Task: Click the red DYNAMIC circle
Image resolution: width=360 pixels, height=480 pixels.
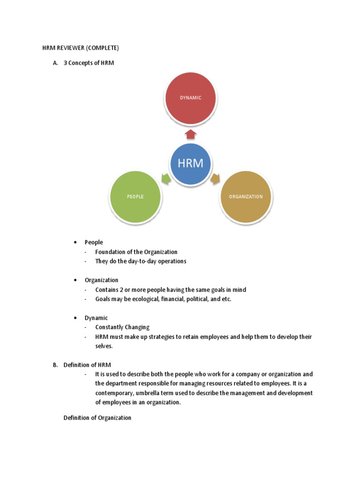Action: (190, 98)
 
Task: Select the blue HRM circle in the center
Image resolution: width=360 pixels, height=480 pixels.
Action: (190, 164)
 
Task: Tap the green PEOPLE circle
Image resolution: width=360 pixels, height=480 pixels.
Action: (135, 197)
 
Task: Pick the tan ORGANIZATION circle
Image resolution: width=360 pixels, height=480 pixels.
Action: (246, 197)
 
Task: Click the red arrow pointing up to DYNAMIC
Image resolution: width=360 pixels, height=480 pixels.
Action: (190, 135)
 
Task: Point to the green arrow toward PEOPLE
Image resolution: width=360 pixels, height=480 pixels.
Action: (165, 179)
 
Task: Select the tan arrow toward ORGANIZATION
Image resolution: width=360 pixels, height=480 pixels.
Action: (216, 179)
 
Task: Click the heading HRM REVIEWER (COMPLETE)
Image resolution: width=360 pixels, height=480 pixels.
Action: (78, 48)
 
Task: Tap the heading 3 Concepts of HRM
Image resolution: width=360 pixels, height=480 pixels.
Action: (89, 63)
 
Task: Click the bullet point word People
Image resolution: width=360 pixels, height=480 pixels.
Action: (94, 242)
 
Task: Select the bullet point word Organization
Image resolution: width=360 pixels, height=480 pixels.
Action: (101, 280)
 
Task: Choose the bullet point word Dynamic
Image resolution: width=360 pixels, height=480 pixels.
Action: (96, 318)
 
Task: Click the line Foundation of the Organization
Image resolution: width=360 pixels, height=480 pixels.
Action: (136, 252)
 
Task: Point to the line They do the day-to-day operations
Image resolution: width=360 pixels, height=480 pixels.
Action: (141, 261)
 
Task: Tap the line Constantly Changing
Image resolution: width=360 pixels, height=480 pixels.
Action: (122, 327)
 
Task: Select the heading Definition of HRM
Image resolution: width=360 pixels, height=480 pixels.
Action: (87, 365)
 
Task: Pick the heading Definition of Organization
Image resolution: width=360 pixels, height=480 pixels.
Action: (97, 418)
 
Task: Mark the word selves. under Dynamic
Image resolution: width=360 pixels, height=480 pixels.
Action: (104, 346)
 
